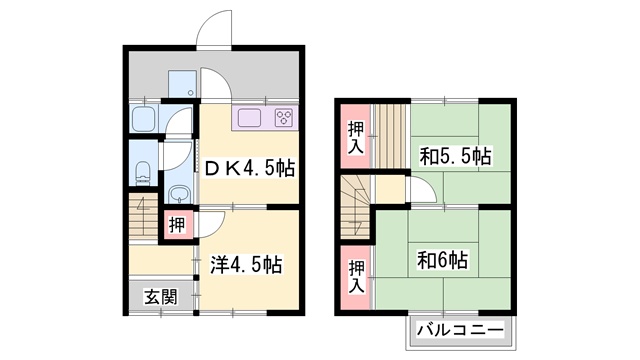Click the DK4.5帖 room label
point(249,169)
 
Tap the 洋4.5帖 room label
point(246,265)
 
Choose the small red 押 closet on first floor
point(176,224)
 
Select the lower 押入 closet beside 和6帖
point(356,274)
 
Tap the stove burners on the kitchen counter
point(282,119)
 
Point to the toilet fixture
point(141,170)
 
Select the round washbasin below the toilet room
point(179,193)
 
